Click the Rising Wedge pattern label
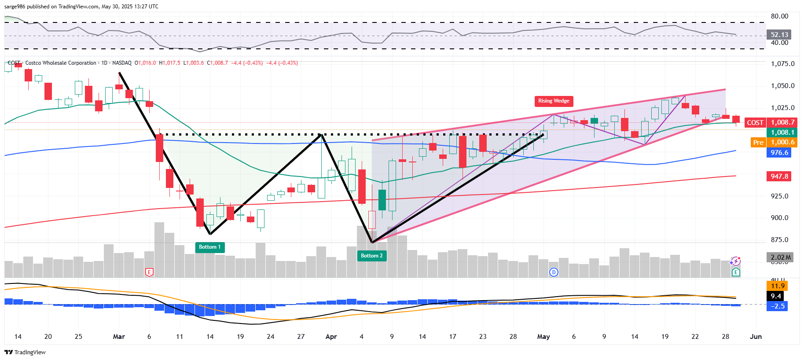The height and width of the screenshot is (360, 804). pyautogui.click(x=554, y=101)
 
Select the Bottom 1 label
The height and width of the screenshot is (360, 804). pyautogui.click(x=210, y=247)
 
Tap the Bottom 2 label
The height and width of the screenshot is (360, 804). pyautogui.click(x=372, y=256)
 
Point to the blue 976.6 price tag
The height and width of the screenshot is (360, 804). pyautogui.click(x=779, y=153)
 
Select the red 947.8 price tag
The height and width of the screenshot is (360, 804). pyautogui.click(x=779, y=176)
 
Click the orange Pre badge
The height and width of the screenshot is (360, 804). pyautogui.click(x=758, y=142)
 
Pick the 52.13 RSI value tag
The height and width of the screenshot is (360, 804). pyautogui.click(x=779, y=34)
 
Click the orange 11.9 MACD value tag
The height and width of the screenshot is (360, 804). pyautogui.click(x=778, y=286)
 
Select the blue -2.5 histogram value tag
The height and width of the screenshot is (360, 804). pyautogui.click(x=778, y=306)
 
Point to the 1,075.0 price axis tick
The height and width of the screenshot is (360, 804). pyautogui.click(x=783, y=64)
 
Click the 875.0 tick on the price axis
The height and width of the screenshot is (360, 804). pyautogui.click(x=780, y=240)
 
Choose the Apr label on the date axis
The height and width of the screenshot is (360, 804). pyautogui.click(x=331, y=337)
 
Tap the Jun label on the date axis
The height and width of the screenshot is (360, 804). pyautogui.click(x=756, y=337)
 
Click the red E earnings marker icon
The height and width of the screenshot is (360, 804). pyautogui.click(x=149, y=272)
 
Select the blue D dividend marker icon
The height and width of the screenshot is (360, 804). pyautogui.click(x=554, y=272)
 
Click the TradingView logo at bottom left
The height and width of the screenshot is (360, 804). pyautogui.click(x=25, y=352)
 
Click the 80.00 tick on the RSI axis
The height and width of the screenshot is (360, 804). pyautogui.click(x=779, y=16)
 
